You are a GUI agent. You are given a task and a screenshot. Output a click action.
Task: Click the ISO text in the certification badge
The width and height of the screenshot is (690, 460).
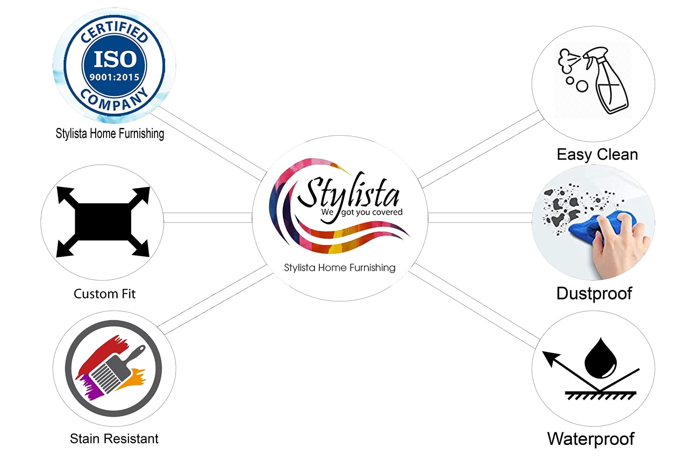[115, 59]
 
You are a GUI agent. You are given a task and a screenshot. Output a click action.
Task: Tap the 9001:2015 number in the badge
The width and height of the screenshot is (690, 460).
[115, 77]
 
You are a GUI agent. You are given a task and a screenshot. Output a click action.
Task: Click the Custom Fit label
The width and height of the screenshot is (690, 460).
[104, 294]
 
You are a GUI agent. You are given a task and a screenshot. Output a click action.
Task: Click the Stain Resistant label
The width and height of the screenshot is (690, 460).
[114, 439]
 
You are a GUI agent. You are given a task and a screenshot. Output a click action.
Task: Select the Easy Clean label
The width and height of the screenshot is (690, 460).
[597, 155]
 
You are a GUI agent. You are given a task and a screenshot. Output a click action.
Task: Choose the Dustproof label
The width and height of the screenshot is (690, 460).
[594, 293]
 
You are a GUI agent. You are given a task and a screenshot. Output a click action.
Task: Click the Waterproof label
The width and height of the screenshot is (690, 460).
[591, 439]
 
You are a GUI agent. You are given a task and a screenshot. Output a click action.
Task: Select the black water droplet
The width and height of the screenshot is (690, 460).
[600, 358]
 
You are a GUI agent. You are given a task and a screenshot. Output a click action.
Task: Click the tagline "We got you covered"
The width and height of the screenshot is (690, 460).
[362, 213]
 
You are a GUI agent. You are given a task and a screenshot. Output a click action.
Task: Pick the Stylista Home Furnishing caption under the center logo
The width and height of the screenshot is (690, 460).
[339, 268]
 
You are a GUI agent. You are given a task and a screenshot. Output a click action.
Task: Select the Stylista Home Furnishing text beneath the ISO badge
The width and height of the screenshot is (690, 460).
[109, 134]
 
